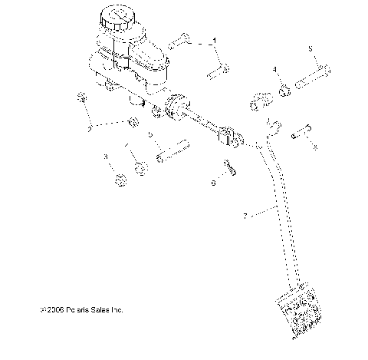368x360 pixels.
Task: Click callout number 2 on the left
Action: (89, 128)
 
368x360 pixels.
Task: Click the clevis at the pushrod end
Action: (231, 138)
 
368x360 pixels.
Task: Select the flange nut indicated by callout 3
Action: (120, 181)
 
